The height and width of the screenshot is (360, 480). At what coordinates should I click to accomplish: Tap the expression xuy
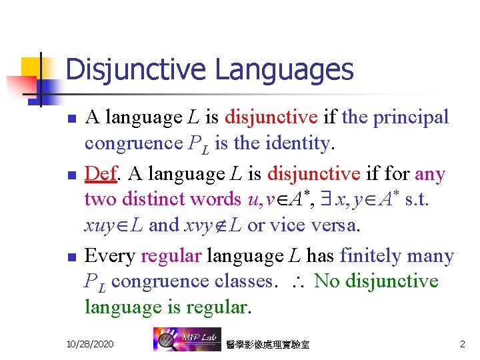click(100, 225)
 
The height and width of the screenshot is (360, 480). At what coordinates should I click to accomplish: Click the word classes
click(243, 281)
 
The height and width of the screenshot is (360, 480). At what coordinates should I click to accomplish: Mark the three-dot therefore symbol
click(297, 281)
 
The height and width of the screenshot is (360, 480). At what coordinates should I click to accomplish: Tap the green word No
click(327, 281)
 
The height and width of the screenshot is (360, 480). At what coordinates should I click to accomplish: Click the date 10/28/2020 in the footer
click(90, 344)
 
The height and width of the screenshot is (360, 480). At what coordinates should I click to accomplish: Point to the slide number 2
click(462, 344)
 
